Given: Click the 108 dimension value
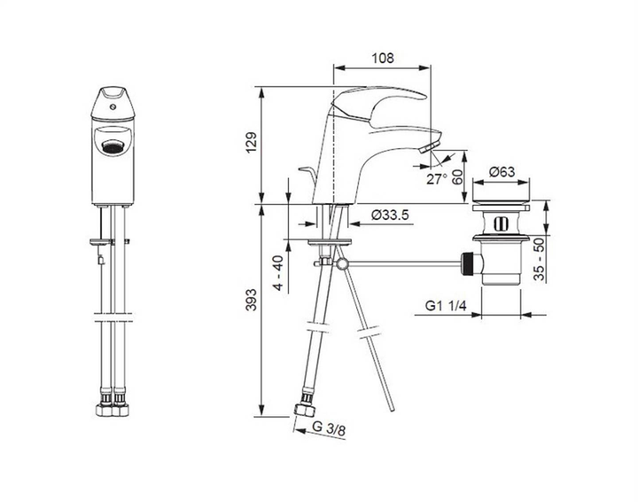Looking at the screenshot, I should pos(381,59).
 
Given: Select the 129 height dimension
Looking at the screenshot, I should pos(251,144).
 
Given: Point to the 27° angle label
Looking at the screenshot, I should pos(435,178).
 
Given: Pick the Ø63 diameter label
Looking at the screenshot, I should pos(502,172).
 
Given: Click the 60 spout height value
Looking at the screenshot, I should pos(457,176).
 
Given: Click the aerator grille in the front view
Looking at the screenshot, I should pos(113,147).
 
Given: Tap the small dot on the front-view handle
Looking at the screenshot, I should pos(113,106).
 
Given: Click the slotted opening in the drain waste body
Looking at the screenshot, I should pos(502,221).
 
